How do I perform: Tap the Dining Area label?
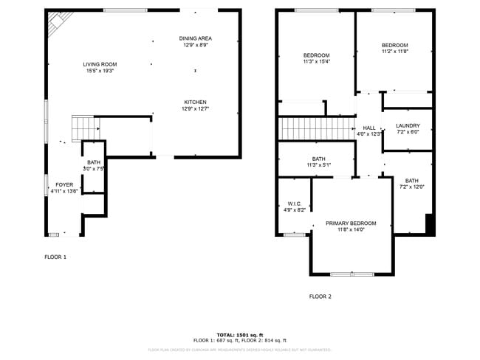[x=195, y=38]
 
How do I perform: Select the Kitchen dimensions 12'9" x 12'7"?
[x=195, y=109]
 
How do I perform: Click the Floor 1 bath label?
[x=94, y=162]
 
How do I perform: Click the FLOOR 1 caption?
[x=55, y=257]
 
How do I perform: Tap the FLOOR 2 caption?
[x=320, y=297]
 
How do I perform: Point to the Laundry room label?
[x=407, y=125]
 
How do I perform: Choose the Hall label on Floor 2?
[x=368, y=128]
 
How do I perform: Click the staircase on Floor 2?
[x=315, y=129]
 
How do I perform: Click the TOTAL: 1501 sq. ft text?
[x=239, y=334]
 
